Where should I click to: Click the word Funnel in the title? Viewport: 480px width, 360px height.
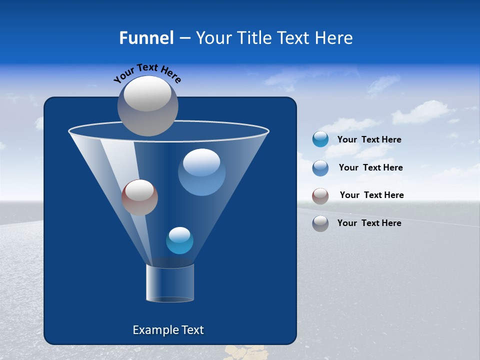click(x=146, y=37)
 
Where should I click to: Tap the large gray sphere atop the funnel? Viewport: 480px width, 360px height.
click(x=148, y=105)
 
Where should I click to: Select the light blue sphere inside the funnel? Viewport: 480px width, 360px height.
click(x=201, y=172)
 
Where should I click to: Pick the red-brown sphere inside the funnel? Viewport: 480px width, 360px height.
click(x=139, y=197)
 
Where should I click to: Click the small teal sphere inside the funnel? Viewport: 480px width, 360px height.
click(x=179, y=240)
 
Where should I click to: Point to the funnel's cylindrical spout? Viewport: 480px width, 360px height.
click(x=170, y=283)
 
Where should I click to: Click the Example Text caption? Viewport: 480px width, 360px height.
click(x=168, y=330)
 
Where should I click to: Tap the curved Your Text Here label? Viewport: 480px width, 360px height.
click(x=147, y=73)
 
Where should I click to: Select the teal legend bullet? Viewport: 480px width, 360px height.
click(x=320, y=139)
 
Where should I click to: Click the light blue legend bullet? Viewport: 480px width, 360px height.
click(x=320, y=168)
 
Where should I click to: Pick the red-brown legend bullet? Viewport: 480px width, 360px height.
click(x=320, y=195)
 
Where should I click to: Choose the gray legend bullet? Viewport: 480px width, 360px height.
click(x=320, y=223)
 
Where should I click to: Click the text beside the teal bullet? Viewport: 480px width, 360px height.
click(x=369, y=139)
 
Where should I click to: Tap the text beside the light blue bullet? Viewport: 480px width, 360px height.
click(x=370, y=167)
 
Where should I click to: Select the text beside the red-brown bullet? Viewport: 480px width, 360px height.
click(x=371, y=195)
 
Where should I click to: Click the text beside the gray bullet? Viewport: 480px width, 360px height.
click(x=369, y=223)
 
